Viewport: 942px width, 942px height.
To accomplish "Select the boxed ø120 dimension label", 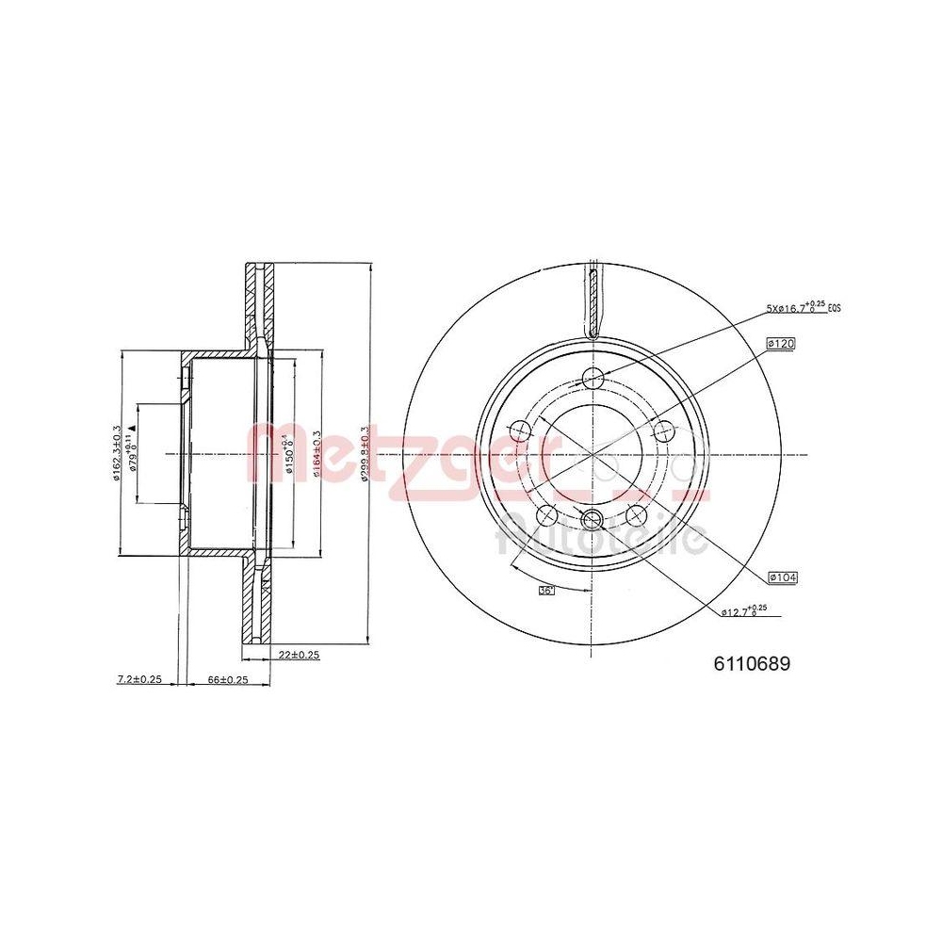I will point(782,345).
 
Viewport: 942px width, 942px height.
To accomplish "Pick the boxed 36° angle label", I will point(545,591).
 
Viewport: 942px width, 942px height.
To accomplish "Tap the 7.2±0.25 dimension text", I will point(139,679).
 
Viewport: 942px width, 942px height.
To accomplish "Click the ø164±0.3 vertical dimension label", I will point(317,454).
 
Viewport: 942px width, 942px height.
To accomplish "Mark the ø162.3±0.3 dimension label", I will point(114,453).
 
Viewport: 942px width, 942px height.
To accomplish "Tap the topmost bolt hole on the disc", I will point(593,379).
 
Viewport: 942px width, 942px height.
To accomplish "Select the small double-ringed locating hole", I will point(592,519).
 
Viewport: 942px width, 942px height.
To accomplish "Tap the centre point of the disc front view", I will point(593,454).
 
